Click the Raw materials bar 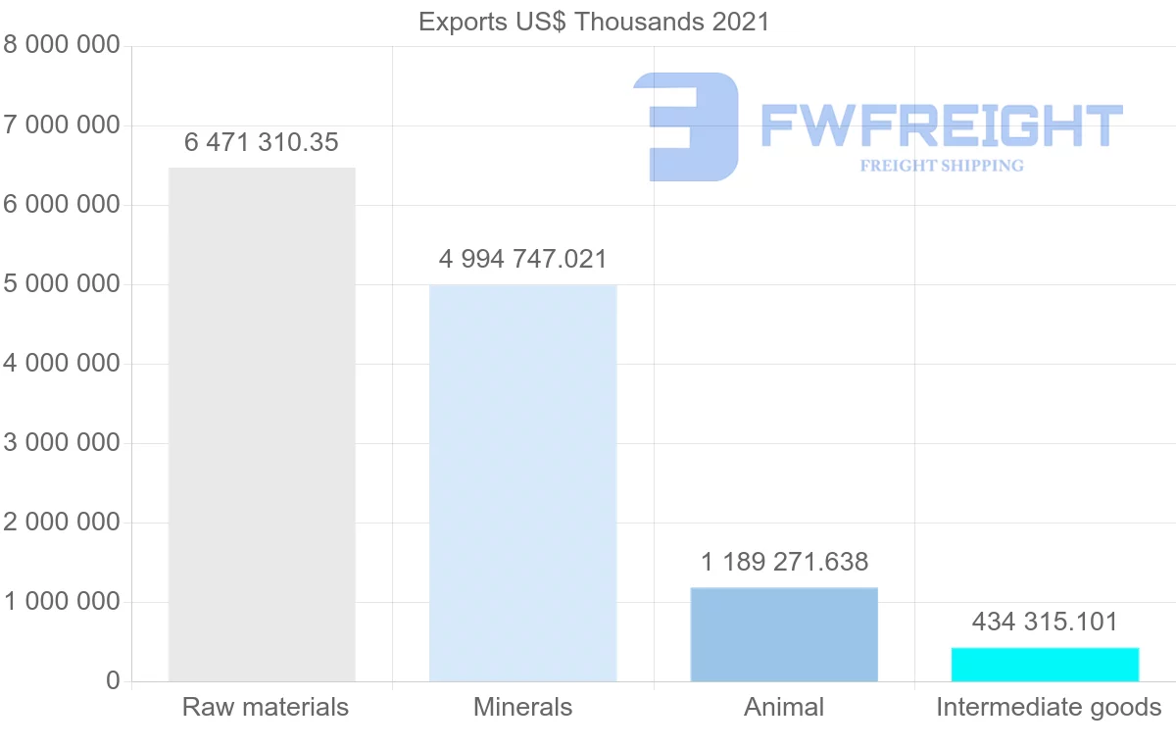[x=262, y=424]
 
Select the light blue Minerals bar [x=522, y=483]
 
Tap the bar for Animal [x=784, y=634]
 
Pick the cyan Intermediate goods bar [x=1045, y=665]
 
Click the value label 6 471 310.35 [x=262, y=143]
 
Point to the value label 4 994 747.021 [x=522, y=260]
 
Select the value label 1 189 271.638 [x=784, y=563]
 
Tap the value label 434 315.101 [x=1045, y=623]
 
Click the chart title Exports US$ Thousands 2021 [x=594, y=22]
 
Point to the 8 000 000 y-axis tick [x=62, y=46]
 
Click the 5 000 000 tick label [x=62, y=284]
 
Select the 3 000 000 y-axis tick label [x=62, y=443]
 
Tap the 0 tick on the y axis [x=113, y=681]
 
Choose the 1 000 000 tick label [x=62, y=602]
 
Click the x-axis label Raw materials [x=266, y=707]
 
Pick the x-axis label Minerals [x=522, y=707]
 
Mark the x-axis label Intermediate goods [x=1049, y=707]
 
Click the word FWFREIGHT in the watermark [x=941, y=125]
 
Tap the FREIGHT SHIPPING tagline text [x=941, y=166]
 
